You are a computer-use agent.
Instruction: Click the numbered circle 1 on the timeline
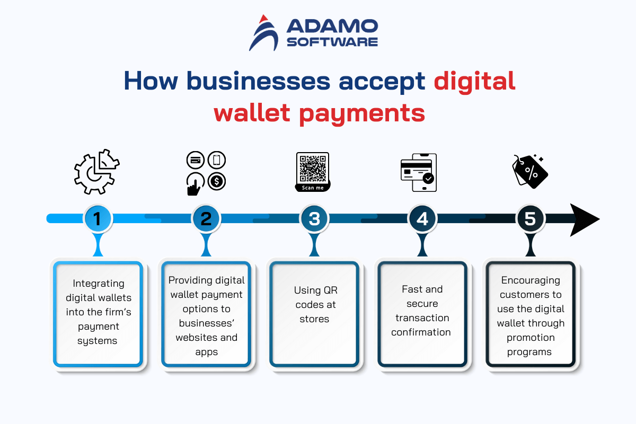coord(98,219)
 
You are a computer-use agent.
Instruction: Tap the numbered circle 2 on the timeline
coord(206,219)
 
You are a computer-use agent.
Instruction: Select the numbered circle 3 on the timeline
coord(314,219)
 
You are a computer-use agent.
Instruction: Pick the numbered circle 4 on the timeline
coord(422,219)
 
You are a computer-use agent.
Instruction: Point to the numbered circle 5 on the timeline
coord(531,219)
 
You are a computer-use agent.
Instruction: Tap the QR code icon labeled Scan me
coord(313,172)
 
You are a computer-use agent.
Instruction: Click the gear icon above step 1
coord(96,172)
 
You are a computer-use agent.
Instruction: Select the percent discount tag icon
coord(530,172)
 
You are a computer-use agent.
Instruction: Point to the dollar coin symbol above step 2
coord(217,181)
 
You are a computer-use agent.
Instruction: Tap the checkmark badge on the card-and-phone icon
coord(428,179)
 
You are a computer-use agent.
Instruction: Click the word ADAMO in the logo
coord(332,26)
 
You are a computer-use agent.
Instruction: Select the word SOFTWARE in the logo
coord(332,42)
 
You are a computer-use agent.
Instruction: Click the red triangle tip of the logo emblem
coord(263,19)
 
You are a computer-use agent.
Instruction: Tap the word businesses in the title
coord(259,81)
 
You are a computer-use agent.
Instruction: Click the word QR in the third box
coord(331,290)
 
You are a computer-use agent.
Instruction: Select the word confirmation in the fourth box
coord(421,332)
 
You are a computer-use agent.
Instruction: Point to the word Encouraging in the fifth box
coord(531,281)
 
